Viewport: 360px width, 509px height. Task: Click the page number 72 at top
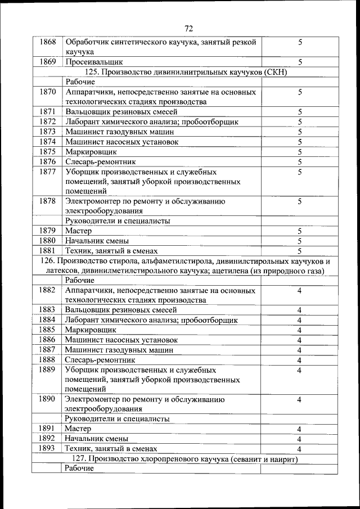click(x=188, y=29)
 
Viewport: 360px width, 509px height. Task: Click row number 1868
click(x=48, y=42)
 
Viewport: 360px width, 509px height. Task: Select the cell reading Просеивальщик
click(x=94, y=62)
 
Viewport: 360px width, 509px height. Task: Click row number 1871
click(x=48, y=112)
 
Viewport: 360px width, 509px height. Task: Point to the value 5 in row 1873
click(x=300, y=132)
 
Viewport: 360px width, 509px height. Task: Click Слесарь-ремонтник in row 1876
click(x=100, y=162)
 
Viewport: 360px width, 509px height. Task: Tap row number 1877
click(x=48, y=172)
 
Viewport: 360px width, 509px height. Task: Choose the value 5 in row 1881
click(x=300, y=251)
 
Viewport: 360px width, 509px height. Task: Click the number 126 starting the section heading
click(x=49, y=261)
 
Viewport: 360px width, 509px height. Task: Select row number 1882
click(x=48, y=290)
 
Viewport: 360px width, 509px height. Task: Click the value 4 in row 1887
click(x=300, y=350)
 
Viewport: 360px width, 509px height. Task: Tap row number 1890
click(x=48, y=399)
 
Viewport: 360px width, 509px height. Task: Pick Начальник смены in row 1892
click(x=97, y=439)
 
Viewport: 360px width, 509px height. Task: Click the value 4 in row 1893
click(x=300, y=449)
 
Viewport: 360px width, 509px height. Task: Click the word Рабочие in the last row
click(x=79, y=469)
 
